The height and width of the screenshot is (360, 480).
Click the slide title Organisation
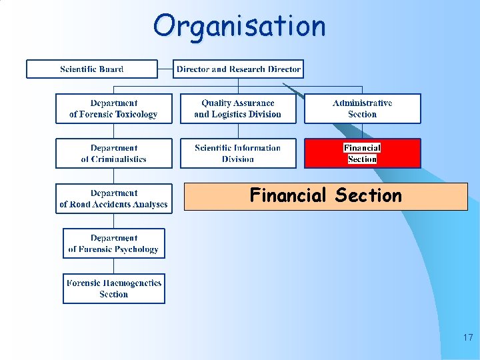pos(239,26)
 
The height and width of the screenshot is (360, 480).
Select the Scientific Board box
pos(92,69)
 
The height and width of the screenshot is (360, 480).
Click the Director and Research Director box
pos(238,69)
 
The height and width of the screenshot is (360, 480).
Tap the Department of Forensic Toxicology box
pos(113,109)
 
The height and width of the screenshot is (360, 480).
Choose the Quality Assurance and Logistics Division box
pos(238,109)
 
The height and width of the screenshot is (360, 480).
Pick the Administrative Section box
pos(363,109)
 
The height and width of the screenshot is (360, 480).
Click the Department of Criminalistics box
pos(113,153)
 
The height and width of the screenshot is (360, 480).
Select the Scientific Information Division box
pos(238,153)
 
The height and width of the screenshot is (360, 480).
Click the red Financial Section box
pos(363,153)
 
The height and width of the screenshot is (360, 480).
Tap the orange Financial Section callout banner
pos(326,197)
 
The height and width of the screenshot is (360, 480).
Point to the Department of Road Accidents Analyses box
pos(113,199)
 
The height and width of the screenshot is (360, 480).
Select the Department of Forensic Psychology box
pos(113,243)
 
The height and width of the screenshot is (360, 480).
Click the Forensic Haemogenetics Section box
pos(113,289)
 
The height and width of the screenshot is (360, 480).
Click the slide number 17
pos(467,338)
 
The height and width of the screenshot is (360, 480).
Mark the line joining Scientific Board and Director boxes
pos(165,69)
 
